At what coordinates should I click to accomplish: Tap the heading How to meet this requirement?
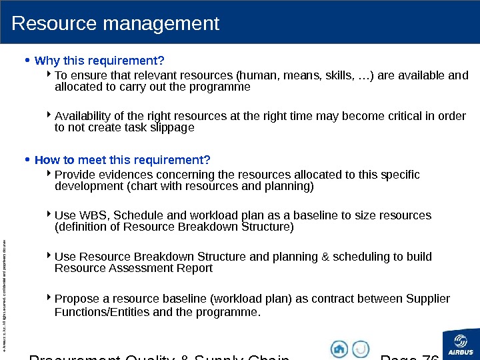pos(122,160)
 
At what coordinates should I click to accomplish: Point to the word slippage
pos(171,128)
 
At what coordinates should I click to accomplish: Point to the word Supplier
pos(427,298)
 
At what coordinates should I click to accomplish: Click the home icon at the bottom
pos(339,348)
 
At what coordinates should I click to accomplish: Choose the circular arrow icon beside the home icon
pos(361,348)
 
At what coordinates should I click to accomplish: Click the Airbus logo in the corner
pos(461,344)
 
